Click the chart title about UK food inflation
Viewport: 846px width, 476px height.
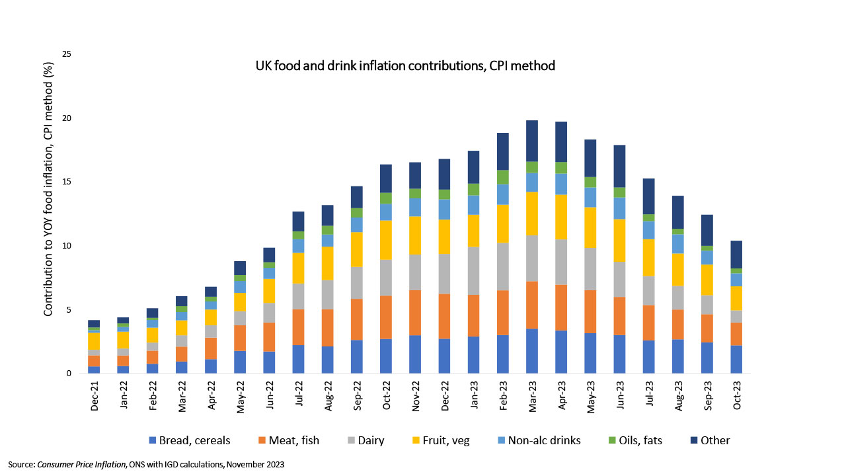click(405, 66)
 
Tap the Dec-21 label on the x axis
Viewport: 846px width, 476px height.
click(95, 395)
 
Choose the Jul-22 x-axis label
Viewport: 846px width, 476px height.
click(298, 395)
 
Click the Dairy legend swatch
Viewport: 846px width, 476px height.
click(352, 440)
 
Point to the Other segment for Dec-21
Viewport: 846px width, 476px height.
click(94, 323)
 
